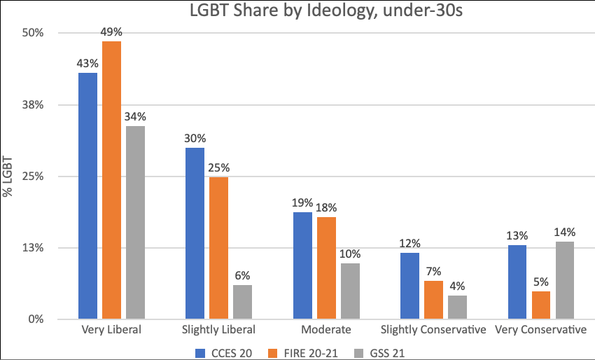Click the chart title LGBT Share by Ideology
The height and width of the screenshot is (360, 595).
coord(297,11)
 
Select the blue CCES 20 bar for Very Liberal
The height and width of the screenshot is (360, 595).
coord(87,196)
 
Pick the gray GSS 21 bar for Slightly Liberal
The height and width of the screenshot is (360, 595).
coord(242,302)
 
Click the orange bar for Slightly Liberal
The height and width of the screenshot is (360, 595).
coord(218,248)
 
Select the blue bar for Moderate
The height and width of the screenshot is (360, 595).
coord(302,265)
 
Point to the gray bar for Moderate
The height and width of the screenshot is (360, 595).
coord(350,291)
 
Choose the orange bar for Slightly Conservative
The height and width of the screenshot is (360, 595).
coord(433,300)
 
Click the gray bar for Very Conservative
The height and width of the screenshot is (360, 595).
coord(564,280)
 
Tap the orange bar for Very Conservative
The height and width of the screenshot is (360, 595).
coord(540,305)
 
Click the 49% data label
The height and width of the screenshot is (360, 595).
coord(111,32)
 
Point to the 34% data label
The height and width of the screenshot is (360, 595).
coord(135,116)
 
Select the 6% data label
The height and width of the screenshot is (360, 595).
coord(242,275)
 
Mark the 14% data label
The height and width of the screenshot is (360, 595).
coord(564,232)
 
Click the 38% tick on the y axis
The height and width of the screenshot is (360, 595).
coord(36,105)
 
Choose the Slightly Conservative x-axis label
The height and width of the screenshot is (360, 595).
coord(433,329)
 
